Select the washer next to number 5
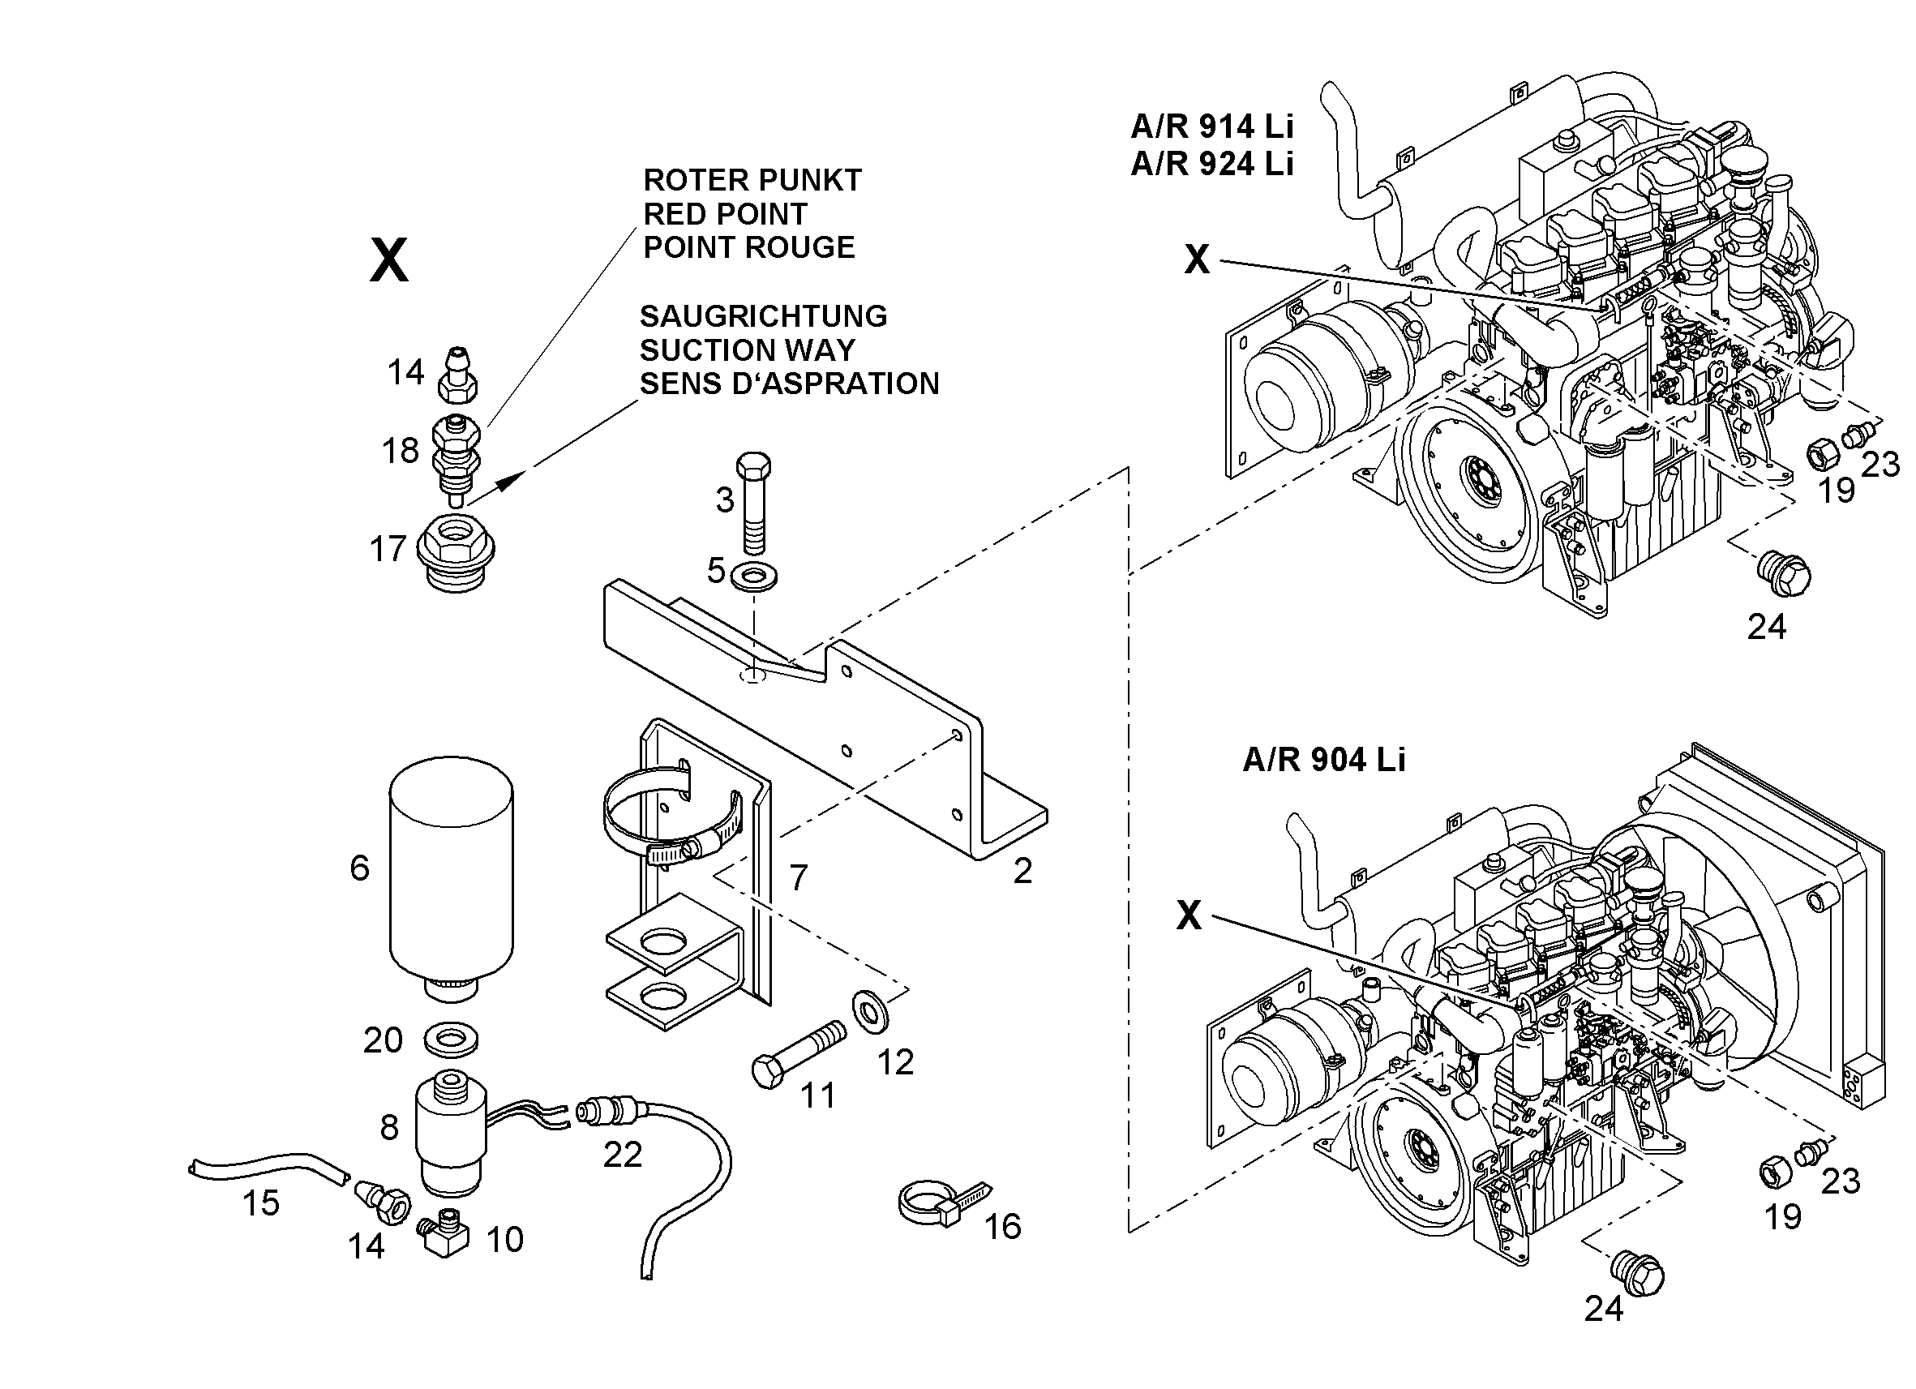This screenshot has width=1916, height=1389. [x=754, y=577]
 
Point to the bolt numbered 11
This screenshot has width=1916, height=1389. [x=798, y=1055]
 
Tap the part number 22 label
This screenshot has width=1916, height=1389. [x=623, y=1154]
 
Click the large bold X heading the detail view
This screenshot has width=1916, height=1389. [x=388, y=260]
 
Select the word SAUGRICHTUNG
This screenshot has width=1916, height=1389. [x=764, y=316]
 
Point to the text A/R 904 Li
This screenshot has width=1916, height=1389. [x=1324, y=760]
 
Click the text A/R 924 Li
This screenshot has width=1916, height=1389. [x=1212, y=163]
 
